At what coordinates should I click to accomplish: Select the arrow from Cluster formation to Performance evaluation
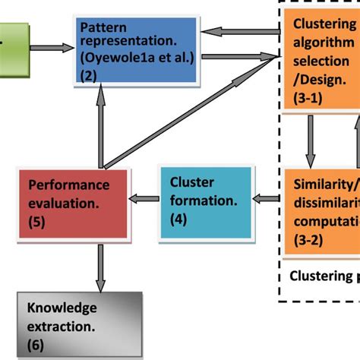(x=144, y=199)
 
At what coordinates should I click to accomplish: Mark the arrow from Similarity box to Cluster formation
(x=265, y=199)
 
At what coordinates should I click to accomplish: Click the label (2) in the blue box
(x=90, y=76)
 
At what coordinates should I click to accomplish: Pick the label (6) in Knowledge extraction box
(x=35, y=343)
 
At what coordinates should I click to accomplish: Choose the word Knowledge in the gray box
(x=62, y=308)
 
